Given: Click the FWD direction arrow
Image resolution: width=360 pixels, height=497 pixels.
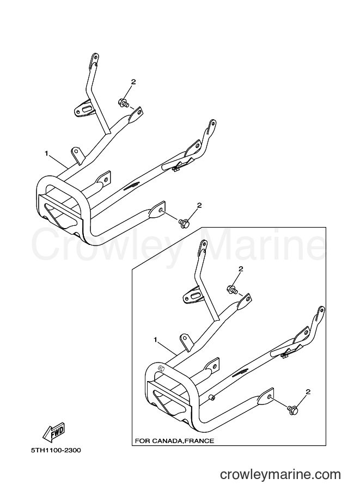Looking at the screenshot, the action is [x=54, y=432].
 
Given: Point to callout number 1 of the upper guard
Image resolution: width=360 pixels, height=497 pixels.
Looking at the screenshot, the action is [x=46, y=154].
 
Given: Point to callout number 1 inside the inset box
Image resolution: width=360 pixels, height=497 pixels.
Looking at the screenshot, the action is [x=155, y=340].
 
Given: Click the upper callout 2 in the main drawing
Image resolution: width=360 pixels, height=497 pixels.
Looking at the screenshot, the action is [x=133, y=82].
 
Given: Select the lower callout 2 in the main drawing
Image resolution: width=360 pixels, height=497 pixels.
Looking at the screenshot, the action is [x=199, y=205].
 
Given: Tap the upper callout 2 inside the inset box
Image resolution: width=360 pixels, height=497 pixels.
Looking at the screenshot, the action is [x=240, y=269].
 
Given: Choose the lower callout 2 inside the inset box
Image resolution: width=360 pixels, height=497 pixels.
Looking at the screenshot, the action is [x=307, y=392].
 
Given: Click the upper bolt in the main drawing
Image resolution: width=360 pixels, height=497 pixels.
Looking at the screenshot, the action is [x=124, y=102].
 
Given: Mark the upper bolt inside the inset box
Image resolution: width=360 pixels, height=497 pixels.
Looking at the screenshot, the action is [x=231, y=289].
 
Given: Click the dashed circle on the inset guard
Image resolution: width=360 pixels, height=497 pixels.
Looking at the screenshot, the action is [x=161, y=368].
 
